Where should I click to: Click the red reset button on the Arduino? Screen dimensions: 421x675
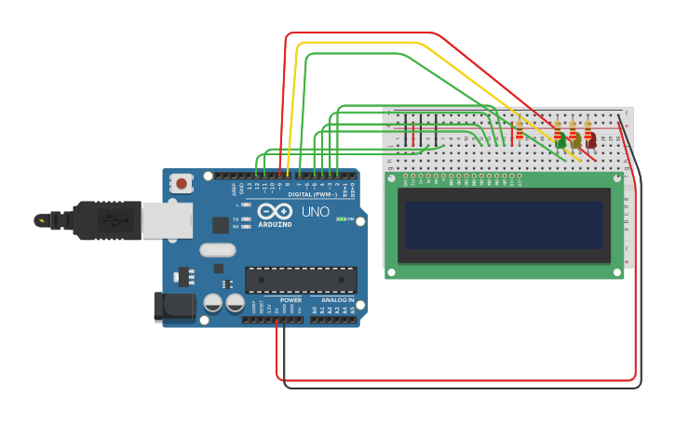pos(181,183)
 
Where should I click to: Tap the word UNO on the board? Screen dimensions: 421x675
pos(315,212)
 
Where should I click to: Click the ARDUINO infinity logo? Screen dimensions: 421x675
pos(275,212)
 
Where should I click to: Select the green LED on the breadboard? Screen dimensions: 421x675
pos(560,142)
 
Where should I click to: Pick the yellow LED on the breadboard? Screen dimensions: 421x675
pos(575,142)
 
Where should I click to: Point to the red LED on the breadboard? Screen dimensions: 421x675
pos(590,142)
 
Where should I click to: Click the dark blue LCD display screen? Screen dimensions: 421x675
pos(504,225)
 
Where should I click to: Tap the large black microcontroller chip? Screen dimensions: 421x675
pos(300,280)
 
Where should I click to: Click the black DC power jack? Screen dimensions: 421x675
pos(173,306)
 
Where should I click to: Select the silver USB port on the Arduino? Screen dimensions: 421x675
pos(168,220)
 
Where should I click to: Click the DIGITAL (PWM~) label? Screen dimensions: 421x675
pos(313,194)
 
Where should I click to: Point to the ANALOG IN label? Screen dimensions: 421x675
pos(337,300)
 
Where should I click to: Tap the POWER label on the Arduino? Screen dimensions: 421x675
pos(290,300)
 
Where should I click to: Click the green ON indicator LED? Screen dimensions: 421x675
pos(341,219)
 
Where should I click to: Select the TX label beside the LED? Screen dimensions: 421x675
pos(236,218)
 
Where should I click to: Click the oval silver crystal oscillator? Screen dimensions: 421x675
pos(217,249)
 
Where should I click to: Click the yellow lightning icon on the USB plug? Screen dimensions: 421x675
pos(41,220)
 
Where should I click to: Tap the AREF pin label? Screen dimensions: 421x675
pos(234,189)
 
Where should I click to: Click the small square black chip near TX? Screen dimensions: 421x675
pos(221,225)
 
